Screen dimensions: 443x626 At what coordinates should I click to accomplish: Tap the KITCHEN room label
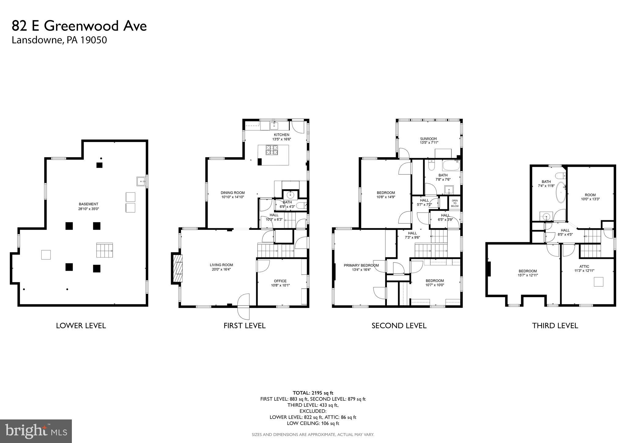[x=281, y=135]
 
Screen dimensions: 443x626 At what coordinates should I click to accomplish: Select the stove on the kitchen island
[x=272, y=150]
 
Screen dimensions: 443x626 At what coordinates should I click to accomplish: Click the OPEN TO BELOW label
[x=455, y=203]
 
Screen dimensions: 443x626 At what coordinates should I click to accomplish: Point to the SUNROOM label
[x=428, y=139]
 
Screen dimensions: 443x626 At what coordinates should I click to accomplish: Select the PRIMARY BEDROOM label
[x=361, y=265]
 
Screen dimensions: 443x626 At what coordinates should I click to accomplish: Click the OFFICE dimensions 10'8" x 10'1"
[x=280, y=285]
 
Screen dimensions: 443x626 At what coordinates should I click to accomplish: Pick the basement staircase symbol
[x=105, y=250]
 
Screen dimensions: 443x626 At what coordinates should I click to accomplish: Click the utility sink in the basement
[x=141, y=181]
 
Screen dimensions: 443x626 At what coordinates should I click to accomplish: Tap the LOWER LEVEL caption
[x=81, y=326]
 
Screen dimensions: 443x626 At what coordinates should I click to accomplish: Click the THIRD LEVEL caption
[x=555, y=326]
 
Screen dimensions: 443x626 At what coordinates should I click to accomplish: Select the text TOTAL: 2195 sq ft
[x=313, y=393]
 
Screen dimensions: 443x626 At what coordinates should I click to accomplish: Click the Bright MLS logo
[x=36, y=431]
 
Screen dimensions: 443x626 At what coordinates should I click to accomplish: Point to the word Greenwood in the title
[x=82, y=26]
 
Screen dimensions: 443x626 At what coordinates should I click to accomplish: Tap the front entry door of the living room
[x=244, y=306]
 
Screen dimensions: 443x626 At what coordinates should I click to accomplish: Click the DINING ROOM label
[x=233, y=193]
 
